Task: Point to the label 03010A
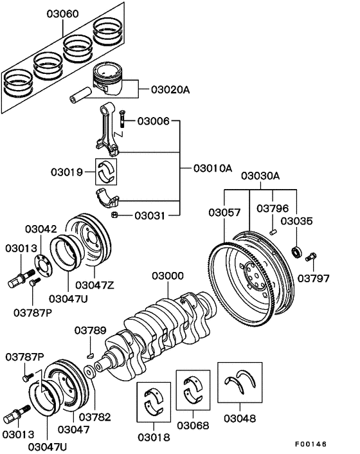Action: pyautogui.click(x=212, y=168)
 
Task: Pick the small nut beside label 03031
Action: pyautogui.click(x=114, y=214)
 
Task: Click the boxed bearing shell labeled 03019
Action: pyautogui.click(x=108, y=171)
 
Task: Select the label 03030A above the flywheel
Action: pyautogui.click(x=260, y=176)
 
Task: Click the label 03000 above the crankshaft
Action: pyautogui.click(x=167, y=276)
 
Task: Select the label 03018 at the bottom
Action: pyautogui.click(x=154, y=437)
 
